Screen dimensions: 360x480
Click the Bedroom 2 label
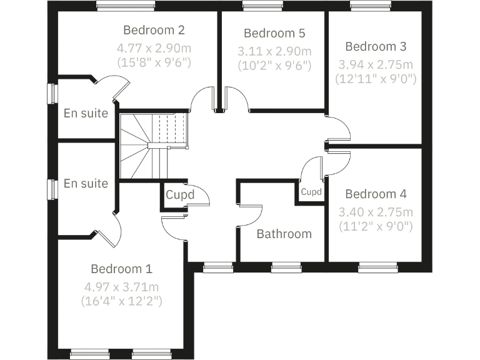[154, 30]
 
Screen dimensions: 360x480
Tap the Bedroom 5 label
[274, 33]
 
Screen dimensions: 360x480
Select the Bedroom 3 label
[376, 46]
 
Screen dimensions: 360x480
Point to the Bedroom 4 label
[376, 194]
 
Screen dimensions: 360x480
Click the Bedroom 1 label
[121, 269]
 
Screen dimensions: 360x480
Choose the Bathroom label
[284, 234]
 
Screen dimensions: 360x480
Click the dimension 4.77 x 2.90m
[154, 47]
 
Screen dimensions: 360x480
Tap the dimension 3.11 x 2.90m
[274, 50]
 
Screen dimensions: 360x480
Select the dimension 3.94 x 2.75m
[376, 64]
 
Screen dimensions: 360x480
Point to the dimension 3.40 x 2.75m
[376, 211]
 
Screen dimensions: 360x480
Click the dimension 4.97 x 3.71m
[121, 287]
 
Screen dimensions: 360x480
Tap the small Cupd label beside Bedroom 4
[311, 192]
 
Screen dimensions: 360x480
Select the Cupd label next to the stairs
[180, 195]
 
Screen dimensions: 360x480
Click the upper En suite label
[86, 114]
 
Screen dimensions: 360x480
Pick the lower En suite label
[86, 184]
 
